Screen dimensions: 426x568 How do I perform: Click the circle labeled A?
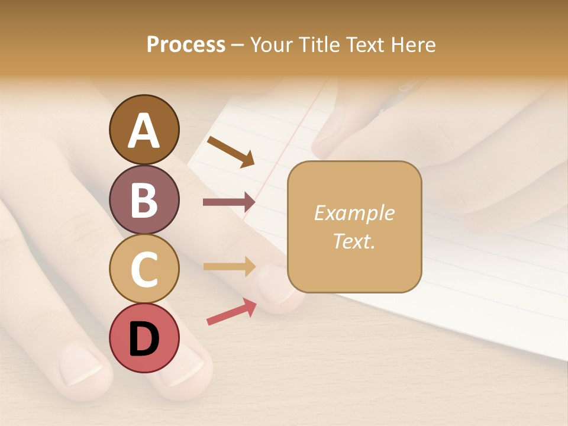tap(144, 130)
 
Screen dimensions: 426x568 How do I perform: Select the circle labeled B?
tap(144, 199)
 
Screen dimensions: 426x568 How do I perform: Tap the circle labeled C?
tap(144, 269)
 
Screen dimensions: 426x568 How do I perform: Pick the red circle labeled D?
tap(144, 338)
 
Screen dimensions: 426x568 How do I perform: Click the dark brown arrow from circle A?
tap(231, 151)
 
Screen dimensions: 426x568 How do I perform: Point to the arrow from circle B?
tap(229, 202)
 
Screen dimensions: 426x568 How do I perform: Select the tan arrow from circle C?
tap(229, 266)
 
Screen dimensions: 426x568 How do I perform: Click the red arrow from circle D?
tap(231, 312)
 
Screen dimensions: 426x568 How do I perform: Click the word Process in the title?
tap(186, 44)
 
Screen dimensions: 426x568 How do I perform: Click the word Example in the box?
tap(354, 213)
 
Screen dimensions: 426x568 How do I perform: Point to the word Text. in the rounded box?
tap(354, 241)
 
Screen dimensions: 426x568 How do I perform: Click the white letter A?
tap(144, 131)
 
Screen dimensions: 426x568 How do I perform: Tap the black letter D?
tap(144, 339)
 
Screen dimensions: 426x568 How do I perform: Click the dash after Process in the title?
tap(237, 45)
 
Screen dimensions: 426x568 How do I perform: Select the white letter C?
tap(144, 270)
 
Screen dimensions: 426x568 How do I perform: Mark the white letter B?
tap(144, 201)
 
